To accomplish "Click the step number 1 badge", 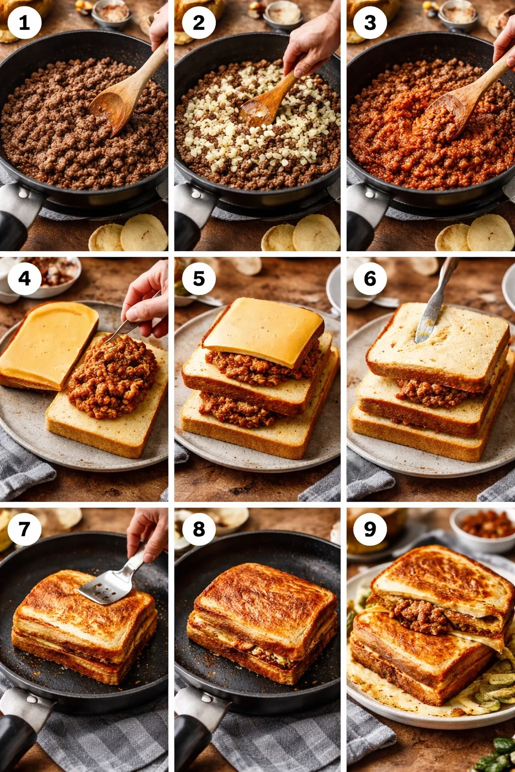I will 24,23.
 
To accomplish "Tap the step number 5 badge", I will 199,278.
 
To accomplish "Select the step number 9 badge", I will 370,529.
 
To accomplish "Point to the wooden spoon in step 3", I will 463,95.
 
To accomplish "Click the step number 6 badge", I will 370,278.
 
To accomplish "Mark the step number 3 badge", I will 370,23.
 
